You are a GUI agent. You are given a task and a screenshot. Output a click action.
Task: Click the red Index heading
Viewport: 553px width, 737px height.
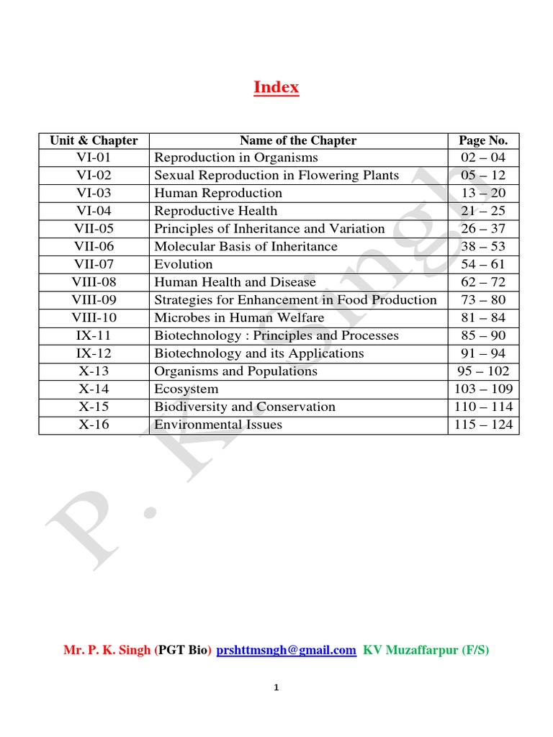point(276,88)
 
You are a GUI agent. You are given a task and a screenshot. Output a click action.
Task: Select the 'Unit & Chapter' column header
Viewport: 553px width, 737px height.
point(94,140)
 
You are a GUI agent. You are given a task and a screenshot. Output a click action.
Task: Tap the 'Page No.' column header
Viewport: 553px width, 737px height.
point(482,140)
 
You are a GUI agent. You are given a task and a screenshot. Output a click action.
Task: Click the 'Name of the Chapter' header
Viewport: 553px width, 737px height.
point(297,140)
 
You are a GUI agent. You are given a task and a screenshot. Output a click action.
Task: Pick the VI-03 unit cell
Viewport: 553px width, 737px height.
point(94,193)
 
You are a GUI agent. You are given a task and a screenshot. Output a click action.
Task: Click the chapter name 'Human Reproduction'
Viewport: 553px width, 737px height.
point(218,193)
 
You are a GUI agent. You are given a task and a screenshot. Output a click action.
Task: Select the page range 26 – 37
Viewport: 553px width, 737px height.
point(482,229)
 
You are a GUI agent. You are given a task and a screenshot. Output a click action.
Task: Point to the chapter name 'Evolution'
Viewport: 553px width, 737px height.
point(184,264)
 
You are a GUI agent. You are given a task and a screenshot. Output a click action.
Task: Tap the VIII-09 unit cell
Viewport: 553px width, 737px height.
point(94,300)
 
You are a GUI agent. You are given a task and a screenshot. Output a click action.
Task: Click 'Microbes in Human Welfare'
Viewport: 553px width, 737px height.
point(239,317)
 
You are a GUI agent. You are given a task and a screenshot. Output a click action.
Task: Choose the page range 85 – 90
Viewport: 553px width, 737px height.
point(482,335)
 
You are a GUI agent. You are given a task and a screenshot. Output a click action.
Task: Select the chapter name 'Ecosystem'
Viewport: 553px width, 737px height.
point(186,389)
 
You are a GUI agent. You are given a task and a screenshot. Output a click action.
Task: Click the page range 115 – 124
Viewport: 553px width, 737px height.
point(483,425)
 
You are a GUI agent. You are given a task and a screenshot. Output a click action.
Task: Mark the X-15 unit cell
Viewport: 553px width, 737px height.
point(94,407)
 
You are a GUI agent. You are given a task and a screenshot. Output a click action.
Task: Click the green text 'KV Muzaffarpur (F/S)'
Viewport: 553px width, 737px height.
point(426,650)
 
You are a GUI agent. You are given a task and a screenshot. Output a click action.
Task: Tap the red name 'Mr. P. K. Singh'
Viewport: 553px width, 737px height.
point(107,650)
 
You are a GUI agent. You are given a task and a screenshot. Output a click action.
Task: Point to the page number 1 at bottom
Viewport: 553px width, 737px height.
point(276,688)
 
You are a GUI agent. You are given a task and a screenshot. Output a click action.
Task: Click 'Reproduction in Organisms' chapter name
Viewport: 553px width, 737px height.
point(236,158)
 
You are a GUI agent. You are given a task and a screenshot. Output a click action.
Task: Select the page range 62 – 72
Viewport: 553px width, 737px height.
point(482,282)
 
